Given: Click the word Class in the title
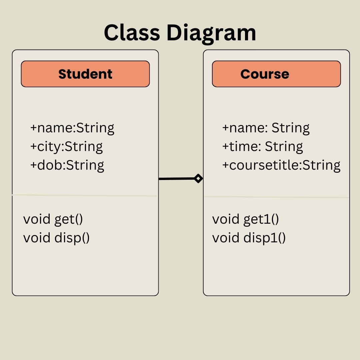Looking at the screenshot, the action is (x=132, y=32).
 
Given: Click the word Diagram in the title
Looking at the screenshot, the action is (x=211, y=34).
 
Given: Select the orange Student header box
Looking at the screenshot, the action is (x=85, y=74).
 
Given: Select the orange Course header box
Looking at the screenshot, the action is (x=276, y=74).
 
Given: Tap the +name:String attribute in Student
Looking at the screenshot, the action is (x=72, y=128).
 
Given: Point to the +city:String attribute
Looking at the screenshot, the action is (x=66, y=147).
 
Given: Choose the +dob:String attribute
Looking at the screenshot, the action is (x=67, y=165).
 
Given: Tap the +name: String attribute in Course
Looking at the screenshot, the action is (x=266, y=128).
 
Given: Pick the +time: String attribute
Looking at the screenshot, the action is (x=262, y=147).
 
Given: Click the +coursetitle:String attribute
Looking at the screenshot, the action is (x=281, y=165).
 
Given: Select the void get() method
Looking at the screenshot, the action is (x=53, y=219).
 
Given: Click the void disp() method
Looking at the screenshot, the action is (x=56, y=238).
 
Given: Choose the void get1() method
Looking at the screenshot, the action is (x=245, y=219).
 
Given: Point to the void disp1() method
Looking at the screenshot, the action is (x=249, y=238).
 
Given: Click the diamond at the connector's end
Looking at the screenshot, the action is (x=198, y=178).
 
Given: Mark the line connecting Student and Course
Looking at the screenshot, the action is (x=177, y=179).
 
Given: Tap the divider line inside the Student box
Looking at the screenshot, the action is (x=85, y=196).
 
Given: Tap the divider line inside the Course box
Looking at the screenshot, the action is (x=276, y=197).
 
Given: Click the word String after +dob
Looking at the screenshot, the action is (x=85, y=165).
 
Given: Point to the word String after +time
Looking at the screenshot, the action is (x=284, y=147).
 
